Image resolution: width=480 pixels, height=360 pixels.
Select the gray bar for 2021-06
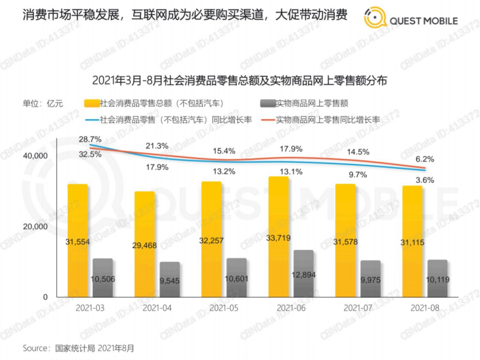pyautogui.click(x=303, y=274)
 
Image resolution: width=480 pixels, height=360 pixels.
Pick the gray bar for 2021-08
pyautogui.click(x=437, y=278)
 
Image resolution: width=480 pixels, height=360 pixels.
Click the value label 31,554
pyautogui.click(x=77, y=242)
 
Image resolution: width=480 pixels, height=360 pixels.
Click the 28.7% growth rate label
pyautogui.click(x=90, y=139)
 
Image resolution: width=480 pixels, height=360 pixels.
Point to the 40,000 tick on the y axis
pyautogui.click(x=35, y=155)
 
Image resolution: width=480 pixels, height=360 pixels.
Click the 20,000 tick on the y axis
pyautogui.click(x=35, y=226)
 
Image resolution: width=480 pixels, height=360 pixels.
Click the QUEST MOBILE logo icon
pyautogui.click(x=376, y=19)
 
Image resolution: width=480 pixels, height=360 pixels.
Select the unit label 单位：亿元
pyautogui.click(x=43, y=104)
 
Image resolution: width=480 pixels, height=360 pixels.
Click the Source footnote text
pyautogui.click(x=78, y=348)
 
